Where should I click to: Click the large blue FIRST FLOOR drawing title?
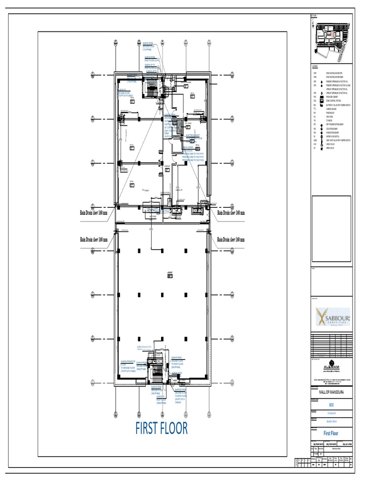tap(162, 428)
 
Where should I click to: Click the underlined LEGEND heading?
tap(315, 66)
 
